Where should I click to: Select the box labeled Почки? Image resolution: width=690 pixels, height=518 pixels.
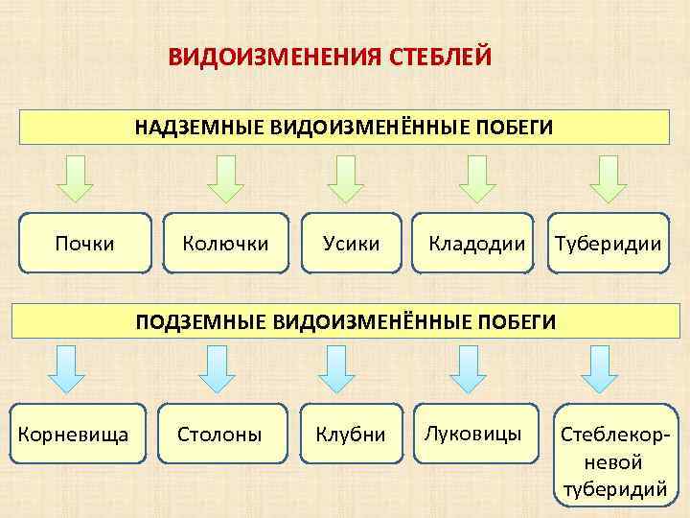85,243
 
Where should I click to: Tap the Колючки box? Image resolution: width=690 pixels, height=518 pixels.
225,243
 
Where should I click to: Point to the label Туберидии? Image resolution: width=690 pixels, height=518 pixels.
605,243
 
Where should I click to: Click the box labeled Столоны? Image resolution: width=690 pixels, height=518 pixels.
219,435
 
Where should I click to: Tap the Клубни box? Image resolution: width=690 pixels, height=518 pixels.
351,435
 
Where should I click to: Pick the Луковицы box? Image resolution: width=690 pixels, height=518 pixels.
474,434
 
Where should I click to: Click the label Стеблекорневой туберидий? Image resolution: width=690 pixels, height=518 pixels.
614,461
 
